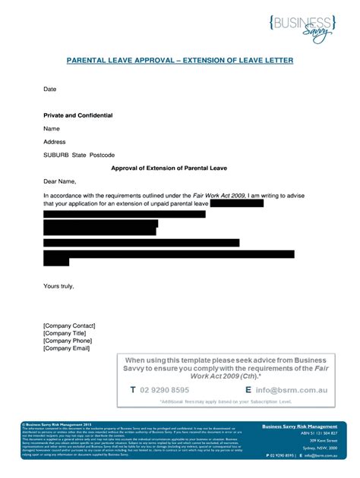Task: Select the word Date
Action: (x=49, y=90)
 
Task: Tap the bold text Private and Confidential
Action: (x=77, y=115)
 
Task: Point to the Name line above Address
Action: (x=51, y=128)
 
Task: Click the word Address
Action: (x=55, y=142)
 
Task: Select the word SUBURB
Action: (x=55, y=156)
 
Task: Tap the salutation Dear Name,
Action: (x=60, y=182)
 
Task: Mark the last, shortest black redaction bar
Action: (x=56, y=260)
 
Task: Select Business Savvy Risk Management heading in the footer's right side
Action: (x=299, y=427)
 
